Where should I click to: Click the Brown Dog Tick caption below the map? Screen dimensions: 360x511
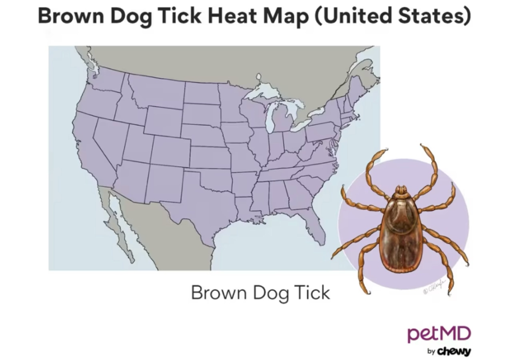tap(260, 292)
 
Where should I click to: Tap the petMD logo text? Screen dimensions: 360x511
tap(439, 334)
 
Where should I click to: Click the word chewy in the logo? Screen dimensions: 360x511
tap(454, 352)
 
